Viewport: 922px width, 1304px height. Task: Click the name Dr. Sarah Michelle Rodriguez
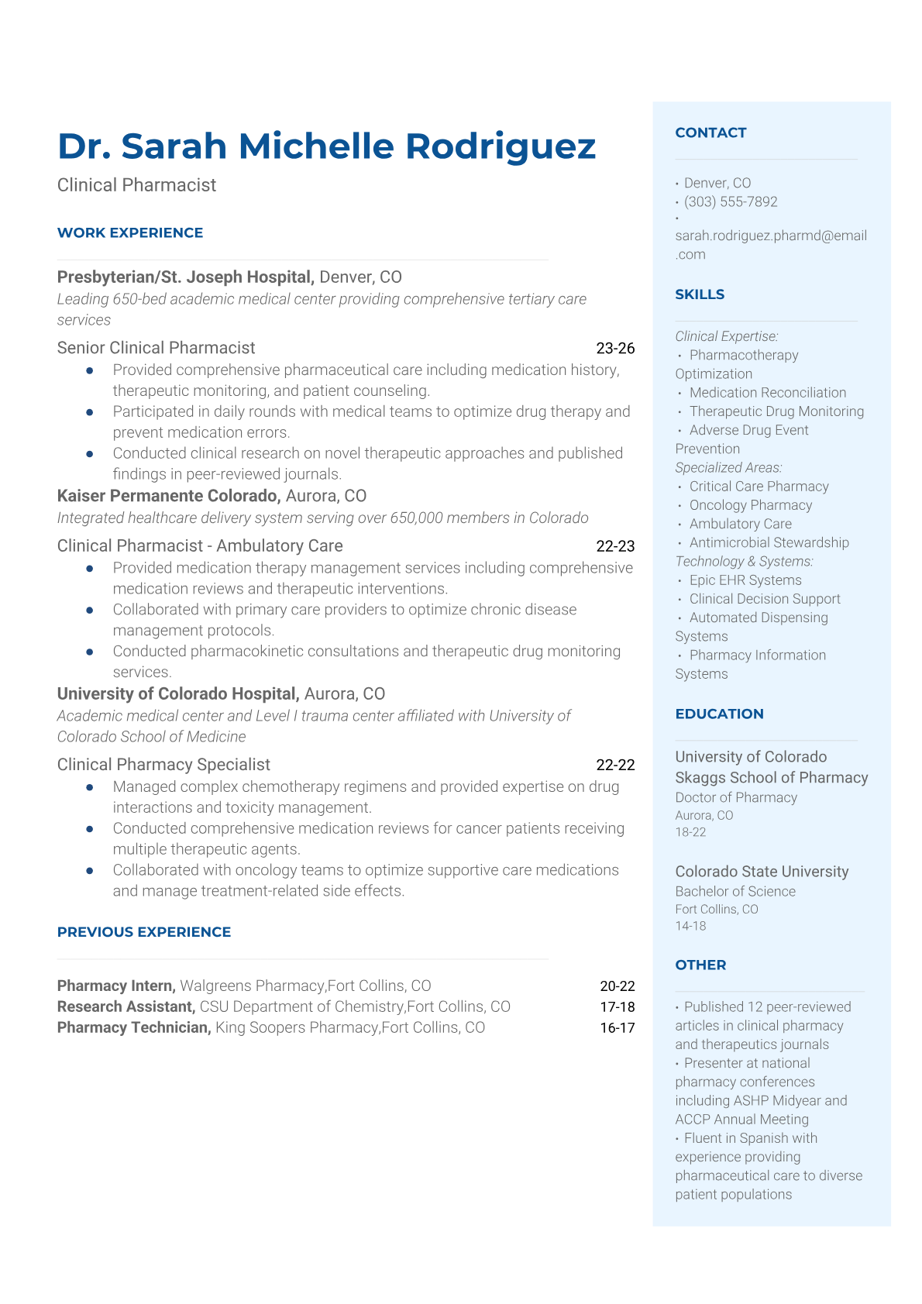[326, 146]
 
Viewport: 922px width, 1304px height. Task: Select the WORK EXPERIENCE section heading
[130, 232]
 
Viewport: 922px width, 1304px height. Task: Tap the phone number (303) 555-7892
[731, 201]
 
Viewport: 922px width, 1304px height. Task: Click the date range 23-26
[615, 349]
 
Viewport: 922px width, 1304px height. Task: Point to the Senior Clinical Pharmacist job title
[156, 348]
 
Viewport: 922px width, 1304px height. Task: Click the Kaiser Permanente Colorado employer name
[168, 496]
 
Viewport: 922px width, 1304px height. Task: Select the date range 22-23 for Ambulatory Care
[615, 546]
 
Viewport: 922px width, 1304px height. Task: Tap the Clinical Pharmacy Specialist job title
[163, 765]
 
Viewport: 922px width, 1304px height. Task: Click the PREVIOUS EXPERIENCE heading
[144, 932]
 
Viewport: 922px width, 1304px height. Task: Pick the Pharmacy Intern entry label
[116, 986]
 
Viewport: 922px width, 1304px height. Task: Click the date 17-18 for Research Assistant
[617, 1006]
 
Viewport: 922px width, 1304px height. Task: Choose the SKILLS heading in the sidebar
[700, 294]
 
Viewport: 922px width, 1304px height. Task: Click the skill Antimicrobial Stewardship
[769, 542]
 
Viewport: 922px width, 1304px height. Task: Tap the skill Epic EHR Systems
[745, 580]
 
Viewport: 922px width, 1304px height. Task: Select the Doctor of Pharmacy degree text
[736, 797]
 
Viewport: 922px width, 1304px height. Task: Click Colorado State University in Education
[762, 872]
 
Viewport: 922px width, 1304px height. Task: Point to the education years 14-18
[690, 926]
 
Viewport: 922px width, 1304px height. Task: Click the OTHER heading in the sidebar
[700, 965]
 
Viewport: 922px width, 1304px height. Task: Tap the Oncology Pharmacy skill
[751, 505]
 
